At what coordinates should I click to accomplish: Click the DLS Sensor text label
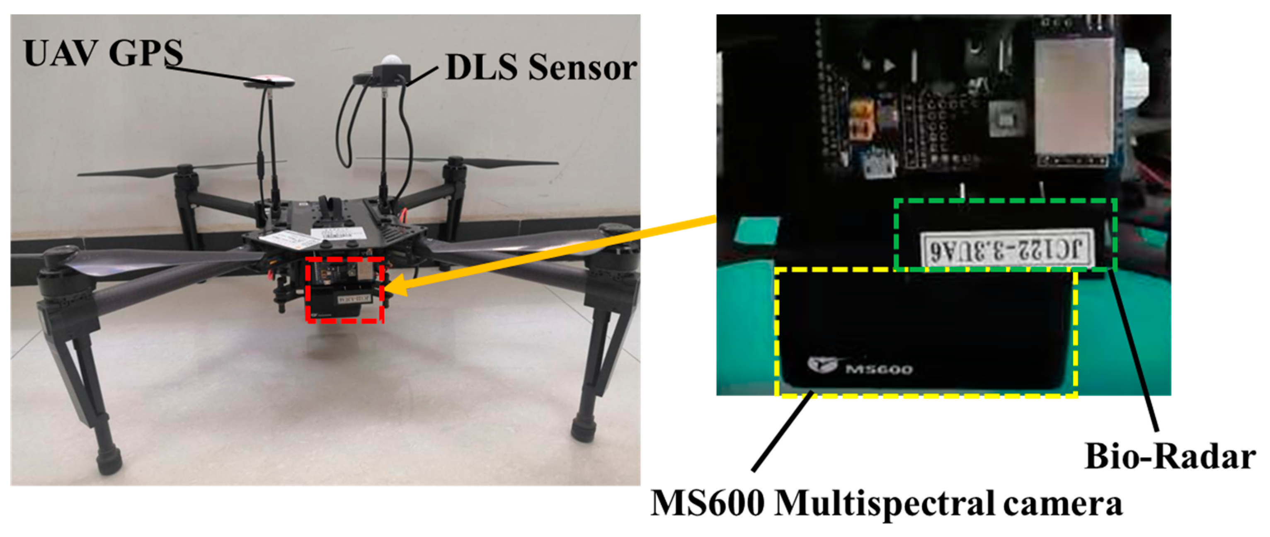pyautogui.click(x=541, y=68)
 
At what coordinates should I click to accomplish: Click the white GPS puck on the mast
pyautogui.click(x=269, y=81)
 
